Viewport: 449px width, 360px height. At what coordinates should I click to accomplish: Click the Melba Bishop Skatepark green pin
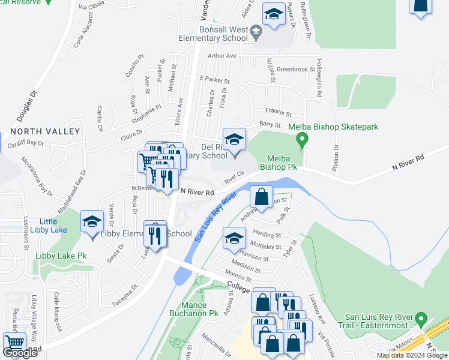303,141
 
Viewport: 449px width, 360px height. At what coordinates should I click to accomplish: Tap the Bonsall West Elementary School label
212,33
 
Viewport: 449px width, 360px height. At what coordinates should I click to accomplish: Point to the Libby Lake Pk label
61,256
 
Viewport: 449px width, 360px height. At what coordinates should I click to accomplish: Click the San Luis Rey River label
214,217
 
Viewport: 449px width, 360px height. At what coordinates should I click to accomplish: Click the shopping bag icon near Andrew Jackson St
262,196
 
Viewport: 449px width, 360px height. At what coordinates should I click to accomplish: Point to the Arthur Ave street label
223,56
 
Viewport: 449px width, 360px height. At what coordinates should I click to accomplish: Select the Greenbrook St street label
296,70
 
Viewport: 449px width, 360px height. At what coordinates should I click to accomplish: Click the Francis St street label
279,113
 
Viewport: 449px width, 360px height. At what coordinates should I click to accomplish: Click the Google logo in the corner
20,353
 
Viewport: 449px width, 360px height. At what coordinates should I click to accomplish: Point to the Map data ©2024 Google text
412,355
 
